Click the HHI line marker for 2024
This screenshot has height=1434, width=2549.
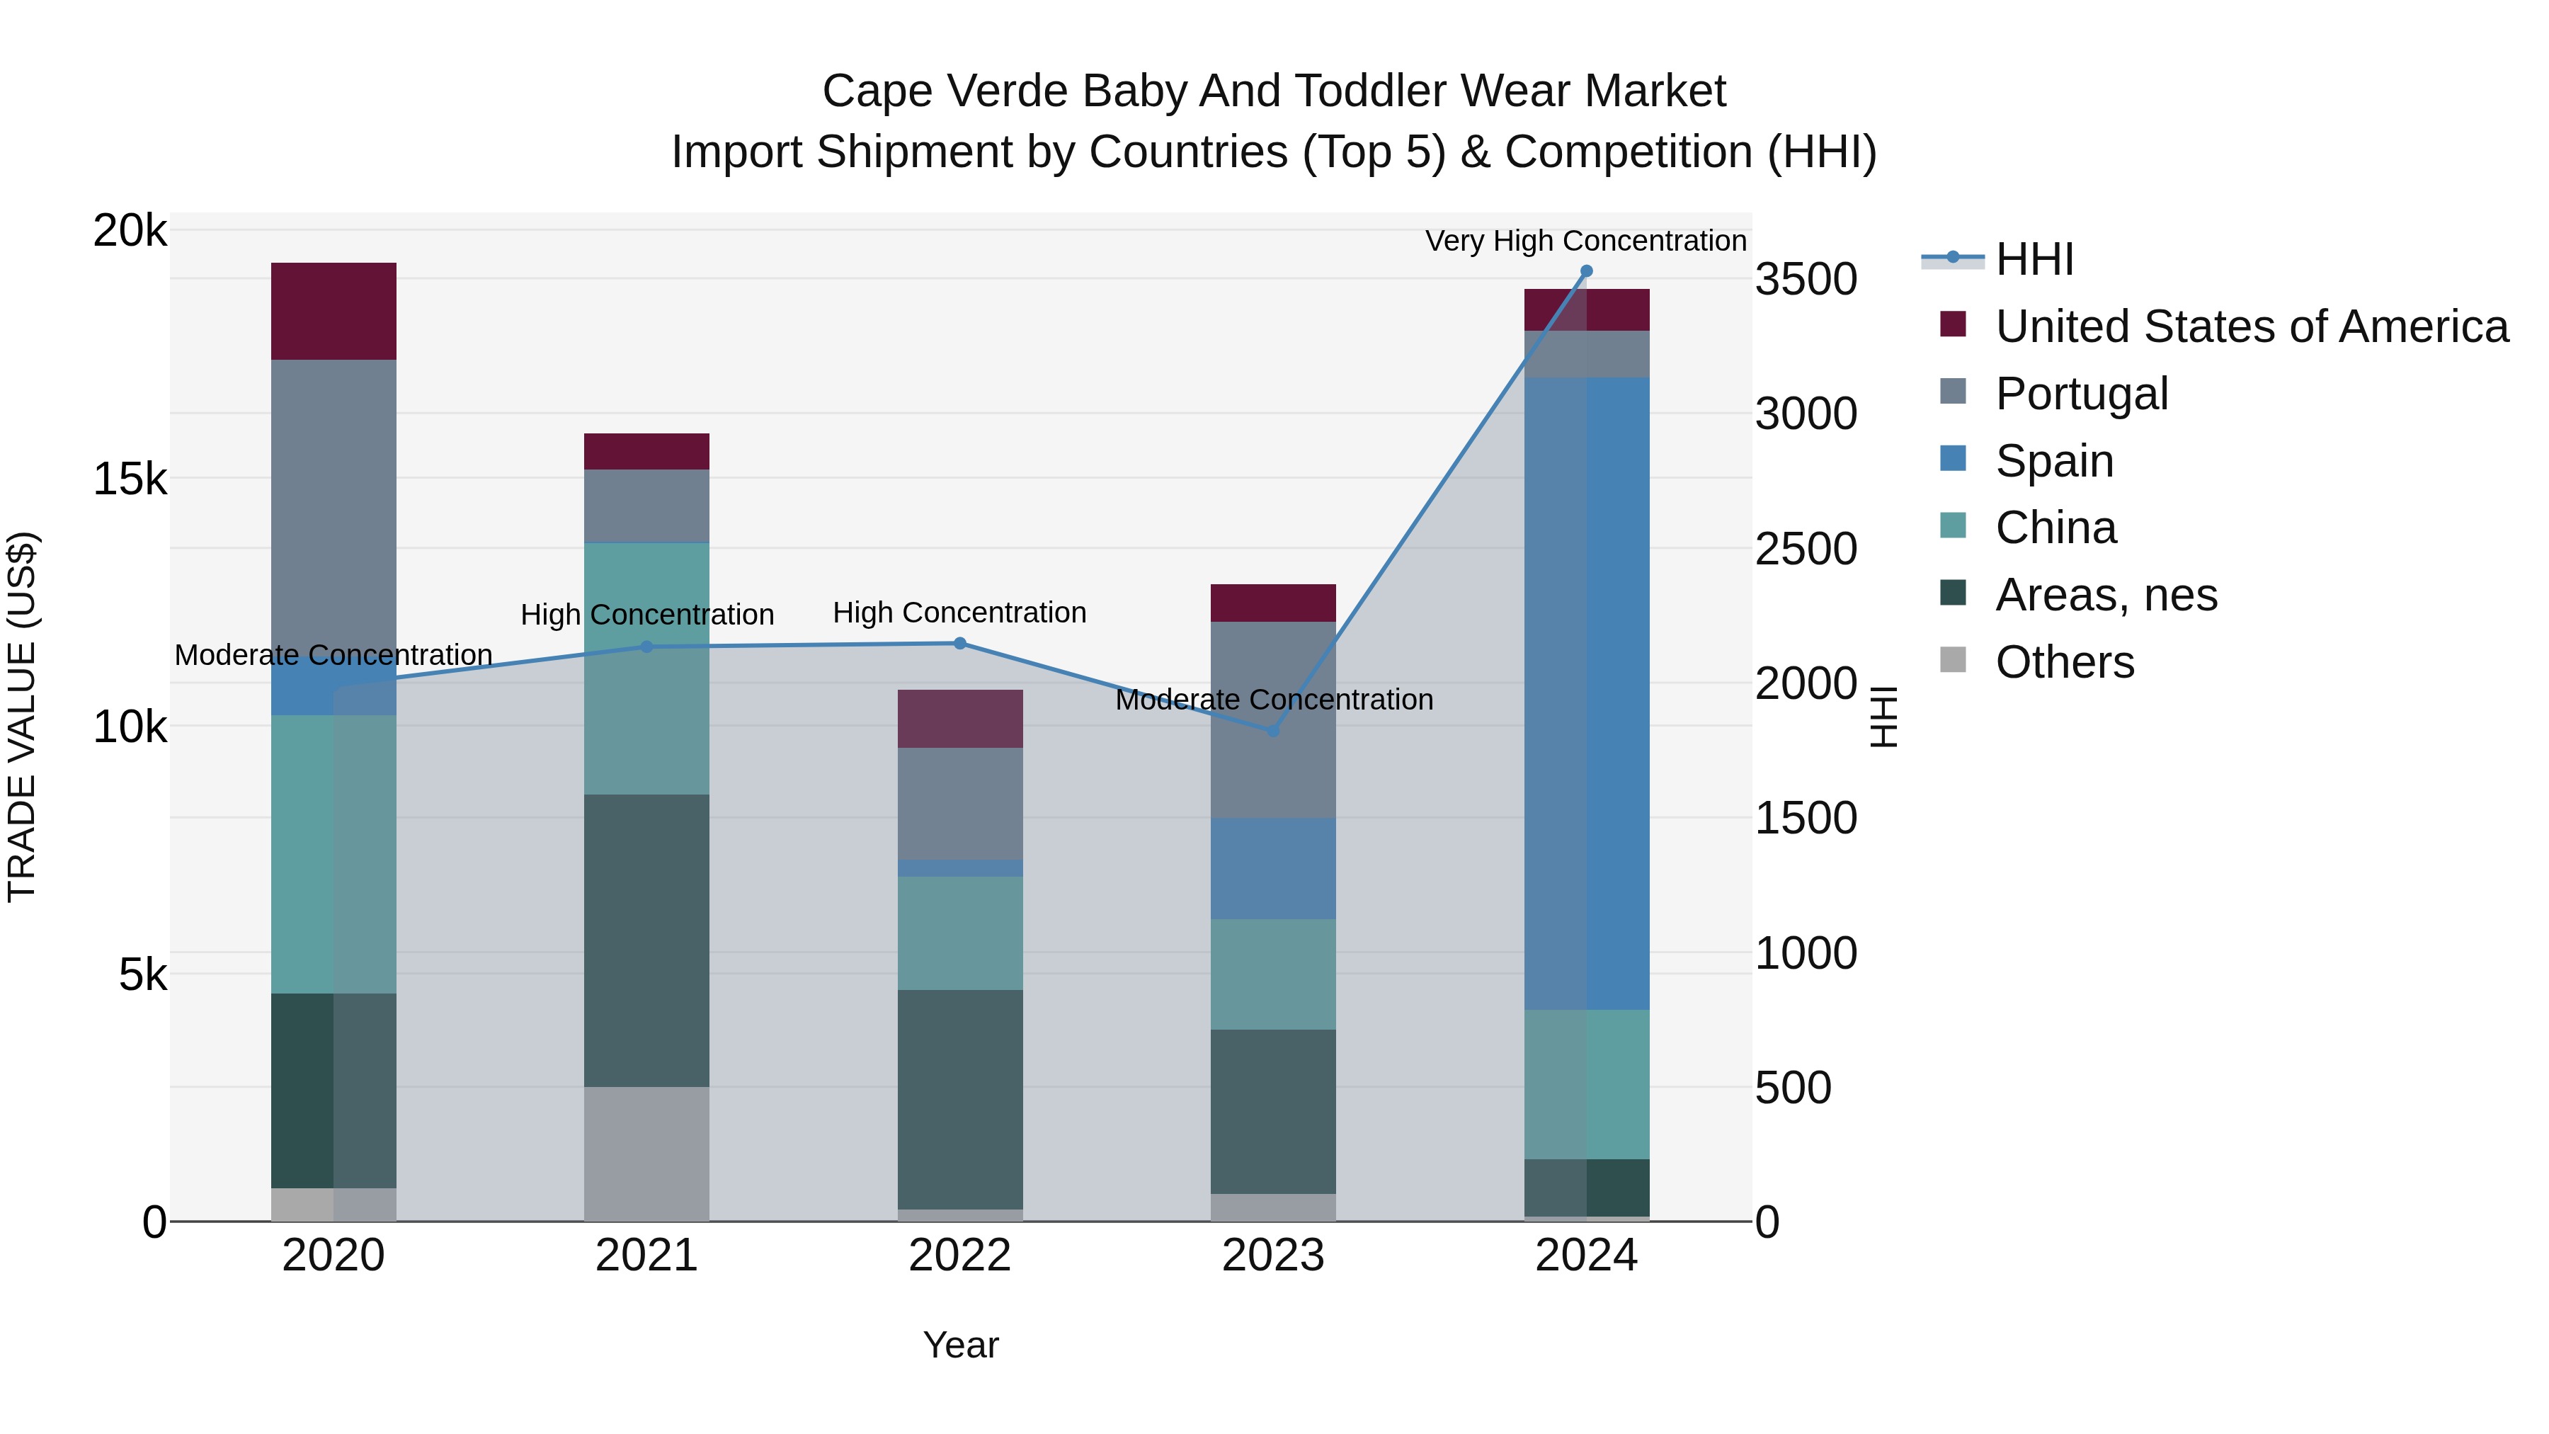[x=1586, y=271]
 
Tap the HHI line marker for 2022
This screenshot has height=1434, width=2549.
[x=960, y=643]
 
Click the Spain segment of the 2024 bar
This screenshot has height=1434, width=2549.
[x=1586, y=693]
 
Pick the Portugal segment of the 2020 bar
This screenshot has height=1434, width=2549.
[x=333, y=495]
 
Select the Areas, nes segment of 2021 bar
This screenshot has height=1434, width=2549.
[x=646, y=940]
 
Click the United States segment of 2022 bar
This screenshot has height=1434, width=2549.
[x=960, y=719]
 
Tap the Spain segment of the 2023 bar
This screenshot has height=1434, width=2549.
[x=1274, y=869]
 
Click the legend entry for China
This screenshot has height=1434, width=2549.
[x=2055, y=528]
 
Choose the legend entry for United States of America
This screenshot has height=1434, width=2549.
[x=2251, y=326]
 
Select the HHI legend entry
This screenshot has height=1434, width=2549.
[x=2034, y=259]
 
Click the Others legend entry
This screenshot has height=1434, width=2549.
[x=2064, y=662]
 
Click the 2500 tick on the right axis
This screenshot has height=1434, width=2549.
[x=1806, y=550]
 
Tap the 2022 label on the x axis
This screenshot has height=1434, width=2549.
[x=960, y=1256]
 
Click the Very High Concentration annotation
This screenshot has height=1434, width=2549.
[x=1585, y=241]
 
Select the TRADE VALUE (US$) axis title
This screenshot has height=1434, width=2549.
[x=22, y=717]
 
